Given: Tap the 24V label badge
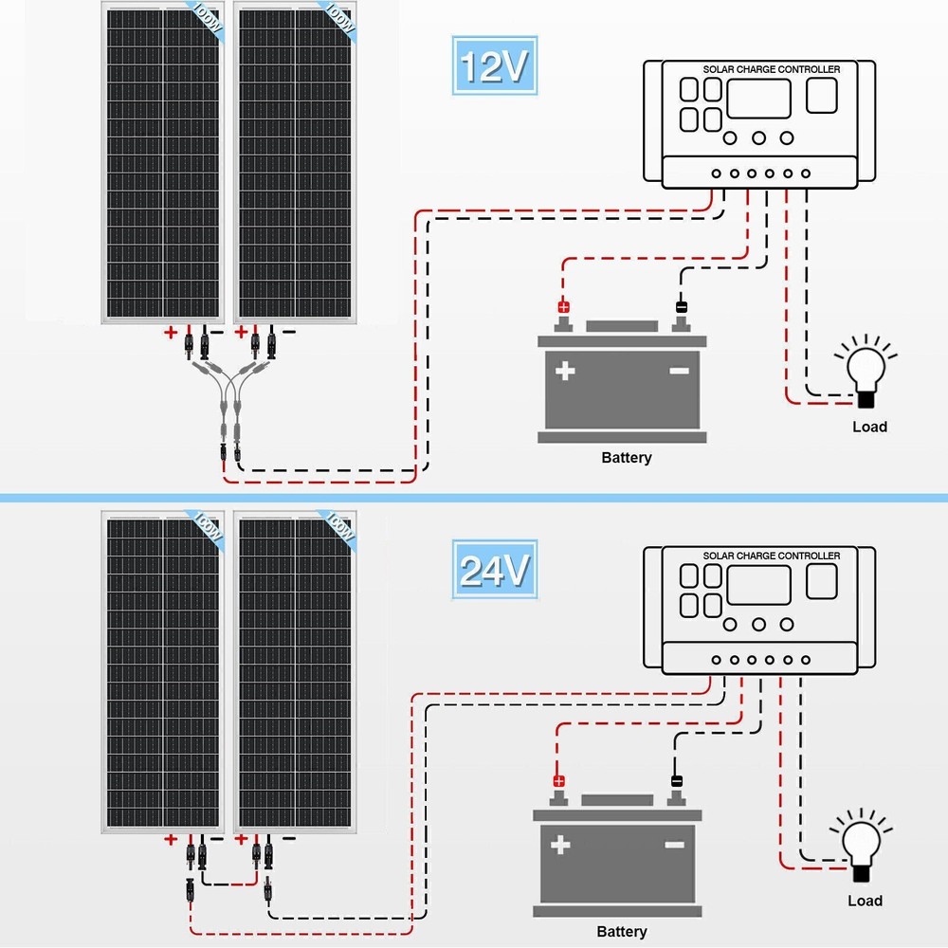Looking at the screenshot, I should [493, 570].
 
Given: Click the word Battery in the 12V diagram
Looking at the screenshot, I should [627, 458].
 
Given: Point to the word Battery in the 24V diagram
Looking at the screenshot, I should [622, 932].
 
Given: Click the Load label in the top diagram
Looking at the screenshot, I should [869, 427].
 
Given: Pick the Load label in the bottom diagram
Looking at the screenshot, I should [865, 901].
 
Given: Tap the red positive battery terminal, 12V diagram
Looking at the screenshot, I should [564, 307].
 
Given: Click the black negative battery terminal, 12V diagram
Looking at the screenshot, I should [681, 307].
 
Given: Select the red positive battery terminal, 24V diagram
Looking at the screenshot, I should [559, 782].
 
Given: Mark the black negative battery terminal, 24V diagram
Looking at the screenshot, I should [676, 782].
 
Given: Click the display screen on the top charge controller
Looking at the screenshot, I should [758, 99].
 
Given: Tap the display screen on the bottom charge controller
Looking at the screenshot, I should [758, 585].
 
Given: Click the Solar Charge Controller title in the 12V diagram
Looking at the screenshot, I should [771, 69].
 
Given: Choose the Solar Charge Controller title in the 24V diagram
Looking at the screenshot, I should [771, 556].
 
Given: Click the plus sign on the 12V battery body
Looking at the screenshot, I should [566, 371].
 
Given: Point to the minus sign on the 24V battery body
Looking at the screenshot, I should [675, 844].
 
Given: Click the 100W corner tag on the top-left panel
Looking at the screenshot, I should [206, 20].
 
